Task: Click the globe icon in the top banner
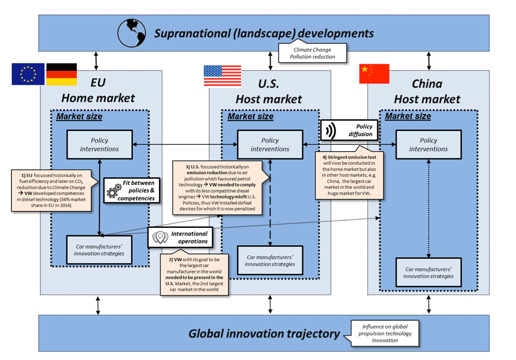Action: [131, 32]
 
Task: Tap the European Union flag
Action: [28, 75]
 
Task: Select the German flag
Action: [61, 75]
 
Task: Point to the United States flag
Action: [222, 76]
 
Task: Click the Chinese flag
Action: [374, 74]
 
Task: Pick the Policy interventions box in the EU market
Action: [100, 144]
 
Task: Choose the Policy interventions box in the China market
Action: [428, 144]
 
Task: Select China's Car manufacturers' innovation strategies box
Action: [428, 272]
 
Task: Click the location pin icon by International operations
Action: [160, 238]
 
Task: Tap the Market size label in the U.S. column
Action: [250, 116]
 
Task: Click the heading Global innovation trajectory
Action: [264, 333]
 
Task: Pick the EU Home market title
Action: [98, 91]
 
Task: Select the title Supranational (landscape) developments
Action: [264, 33]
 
